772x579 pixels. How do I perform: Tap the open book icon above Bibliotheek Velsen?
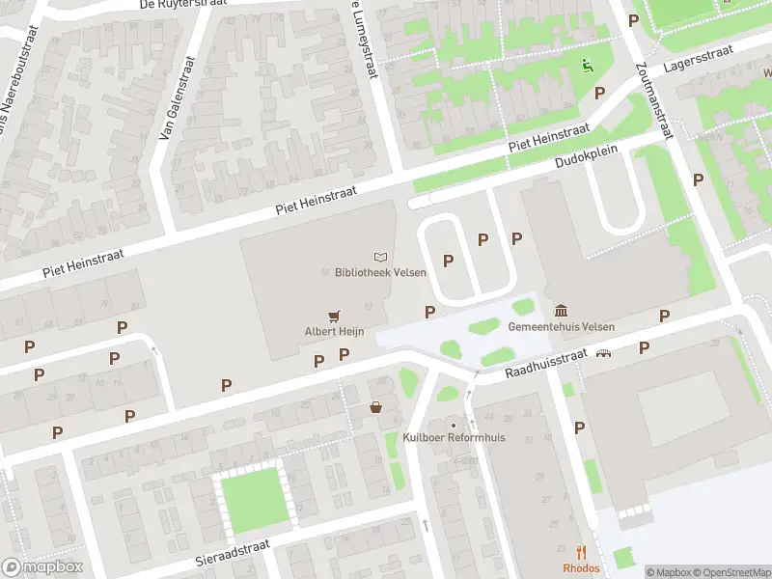pyautogui.click(x=381, y=257)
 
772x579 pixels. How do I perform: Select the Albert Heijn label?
pyautogui.click(x=334, y=331)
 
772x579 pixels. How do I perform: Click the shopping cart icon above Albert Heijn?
pyautogui.click(x=334, y=315)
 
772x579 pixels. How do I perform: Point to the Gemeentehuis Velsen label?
pyautogui.click(x=561, y=326)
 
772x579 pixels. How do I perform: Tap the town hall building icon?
pyautogui.click(x=561, y=310)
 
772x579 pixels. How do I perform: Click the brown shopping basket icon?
pyautogui.click(x=375, y=408)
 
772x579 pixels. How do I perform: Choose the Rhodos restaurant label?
pyautogui.click(x=581, y=568)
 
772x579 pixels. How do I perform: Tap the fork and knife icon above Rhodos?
pyautogui.click(x=581, y=553)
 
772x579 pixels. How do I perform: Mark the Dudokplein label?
pyautogui.click(x=586, y=159)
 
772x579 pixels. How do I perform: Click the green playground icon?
pyautogui.click(x=586, y=66)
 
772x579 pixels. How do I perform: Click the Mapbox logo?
pyautogui.click(x=42, y=567)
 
